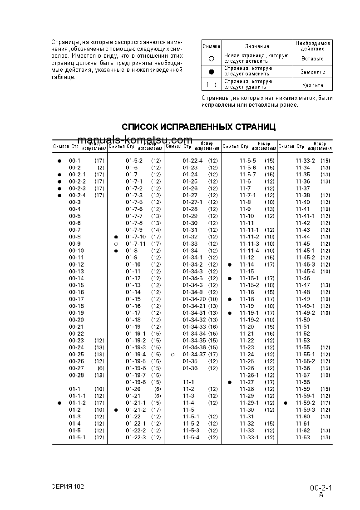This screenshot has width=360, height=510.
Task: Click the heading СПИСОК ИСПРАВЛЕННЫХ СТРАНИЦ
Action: point(199,127)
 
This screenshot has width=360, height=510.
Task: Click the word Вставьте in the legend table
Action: point(312,59)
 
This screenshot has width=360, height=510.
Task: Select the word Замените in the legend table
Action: point(312,72)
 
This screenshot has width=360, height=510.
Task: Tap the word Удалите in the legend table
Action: point(312,85)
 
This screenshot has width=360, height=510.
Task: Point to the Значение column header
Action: point(257,46)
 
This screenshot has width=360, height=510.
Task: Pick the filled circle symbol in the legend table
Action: point(211,72)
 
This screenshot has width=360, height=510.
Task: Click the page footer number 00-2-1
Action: point(321,488)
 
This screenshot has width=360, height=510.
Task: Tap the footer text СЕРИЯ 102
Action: point(68,486)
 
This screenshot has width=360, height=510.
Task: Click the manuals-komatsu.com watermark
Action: point(135,140)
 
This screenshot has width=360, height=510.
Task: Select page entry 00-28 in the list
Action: point(76,375)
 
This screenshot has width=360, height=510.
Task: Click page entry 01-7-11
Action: point(136,244)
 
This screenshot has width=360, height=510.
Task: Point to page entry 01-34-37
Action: point(194,354)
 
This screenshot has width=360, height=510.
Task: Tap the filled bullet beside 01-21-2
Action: point(116,410)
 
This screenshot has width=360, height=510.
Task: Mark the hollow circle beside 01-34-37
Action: point(173,354)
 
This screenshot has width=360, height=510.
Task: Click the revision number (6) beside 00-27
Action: point(100,368)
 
